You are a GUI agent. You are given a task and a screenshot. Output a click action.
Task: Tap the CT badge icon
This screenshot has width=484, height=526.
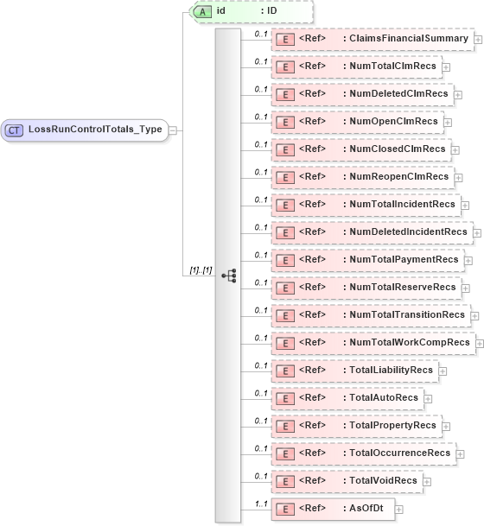click(x=15, y=130)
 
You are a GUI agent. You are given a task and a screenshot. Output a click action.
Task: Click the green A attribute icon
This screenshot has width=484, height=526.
click(x=202, y=11)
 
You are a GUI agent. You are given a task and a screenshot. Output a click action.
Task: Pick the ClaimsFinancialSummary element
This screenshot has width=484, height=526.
click(x=372, y=39)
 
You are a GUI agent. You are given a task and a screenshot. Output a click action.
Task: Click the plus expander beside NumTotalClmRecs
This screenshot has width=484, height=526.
click(x=446, y=67)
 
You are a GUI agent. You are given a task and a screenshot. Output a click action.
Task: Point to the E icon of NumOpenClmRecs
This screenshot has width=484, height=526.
click(x=283, y=122)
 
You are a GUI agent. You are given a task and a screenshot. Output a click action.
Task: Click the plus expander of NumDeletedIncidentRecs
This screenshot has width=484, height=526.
click(x=475, y=232)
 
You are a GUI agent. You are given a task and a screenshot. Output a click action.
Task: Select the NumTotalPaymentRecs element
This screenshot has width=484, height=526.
click(x=366, y=260)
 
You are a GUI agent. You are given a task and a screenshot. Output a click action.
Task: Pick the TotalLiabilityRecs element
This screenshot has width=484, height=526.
click(x=354, y=371)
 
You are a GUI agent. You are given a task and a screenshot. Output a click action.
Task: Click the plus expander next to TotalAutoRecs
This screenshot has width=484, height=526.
click(x=428, y=399)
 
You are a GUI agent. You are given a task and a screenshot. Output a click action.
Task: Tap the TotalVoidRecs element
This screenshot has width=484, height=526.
click(x=347, y=481)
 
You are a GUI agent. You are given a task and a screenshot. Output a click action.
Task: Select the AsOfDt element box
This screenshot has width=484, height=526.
click(x=332, y=509)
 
